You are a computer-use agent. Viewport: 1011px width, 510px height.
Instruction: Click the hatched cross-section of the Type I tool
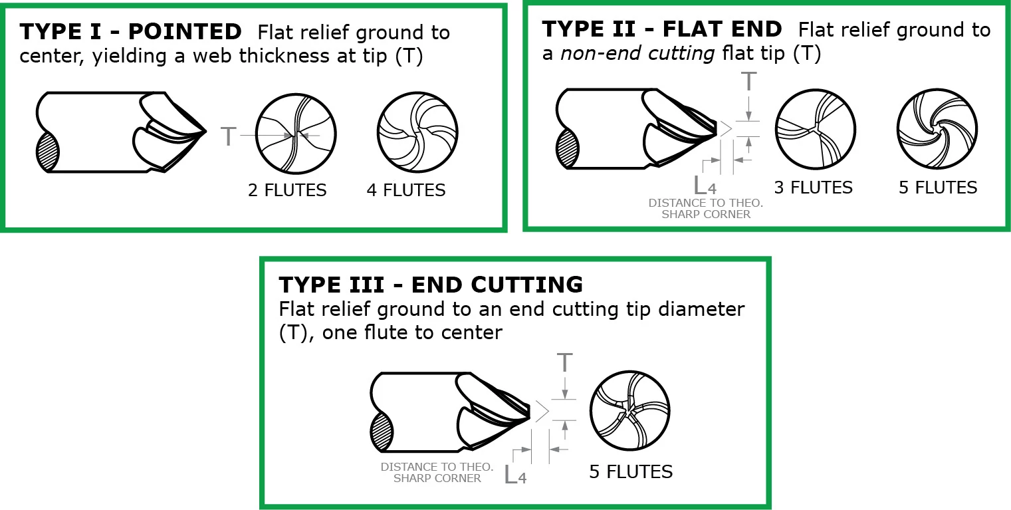click(x=48, y=152)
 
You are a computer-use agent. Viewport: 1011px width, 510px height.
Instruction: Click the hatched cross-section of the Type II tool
click(x=568, y=149)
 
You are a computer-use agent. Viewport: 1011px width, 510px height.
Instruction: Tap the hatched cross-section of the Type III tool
click(x=382, y=432)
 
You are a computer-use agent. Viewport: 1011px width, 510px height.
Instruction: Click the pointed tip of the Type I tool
click(x=206, y=132)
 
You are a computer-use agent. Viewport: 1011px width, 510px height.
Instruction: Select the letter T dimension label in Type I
click(x=229, y=136)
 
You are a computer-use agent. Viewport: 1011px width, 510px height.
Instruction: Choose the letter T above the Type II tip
click(x=748, y=82)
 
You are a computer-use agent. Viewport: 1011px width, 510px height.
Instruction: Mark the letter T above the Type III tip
click(x=564, y=363)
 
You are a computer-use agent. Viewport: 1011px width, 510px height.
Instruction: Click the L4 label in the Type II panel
click(x=705, y=186)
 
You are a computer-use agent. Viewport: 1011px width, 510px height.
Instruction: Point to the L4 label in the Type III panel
click(x=515, y=475)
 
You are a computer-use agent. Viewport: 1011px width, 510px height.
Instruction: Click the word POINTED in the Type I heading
click(x=185, y=32)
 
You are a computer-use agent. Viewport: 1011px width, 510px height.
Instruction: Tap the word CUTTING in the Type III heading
click(x=526, y=285)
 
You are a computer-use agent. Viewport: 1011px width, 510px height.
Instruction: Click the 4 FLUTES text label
click(x=406, y=190)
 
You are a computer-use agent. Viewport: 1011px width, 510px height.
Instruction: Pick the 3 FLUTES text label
click(x=814, y=188)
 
